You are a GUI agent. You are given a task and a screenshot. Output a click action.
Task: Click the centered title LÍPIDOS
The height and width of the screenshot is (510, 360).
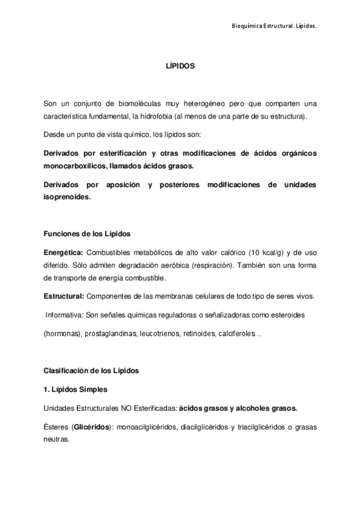pos(180,67)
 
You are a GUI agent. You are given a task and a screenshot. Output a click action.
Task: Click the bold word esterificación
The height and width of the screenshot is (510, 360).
pos(118,153)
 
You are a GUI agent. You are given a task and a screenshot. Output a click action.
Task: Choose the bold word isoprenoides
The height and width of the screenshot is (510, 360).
pos(67,196)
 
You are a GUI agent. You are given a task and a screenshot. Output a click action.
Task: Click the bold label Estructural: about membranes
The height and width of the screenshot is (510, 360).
pos(64,296)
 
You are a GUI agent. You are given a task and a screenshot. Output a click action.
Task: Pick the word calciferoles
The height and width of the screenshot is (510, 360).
pos(235,333)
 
